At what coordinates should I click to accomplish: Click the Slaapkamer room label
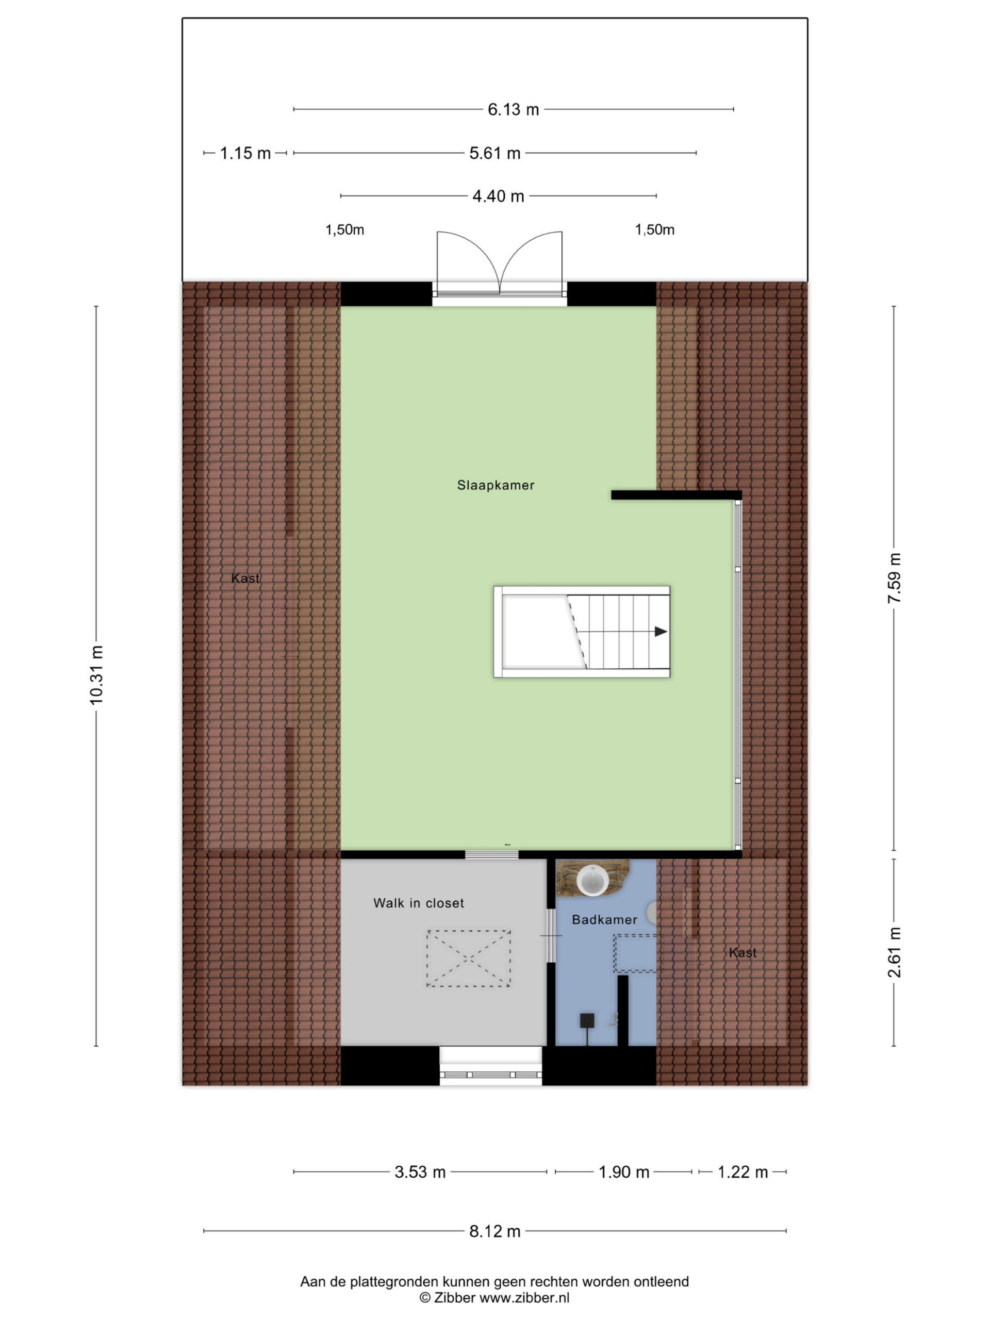[x=496, y=485]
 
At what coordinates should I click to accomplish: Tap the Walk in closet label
[x=418, y=903]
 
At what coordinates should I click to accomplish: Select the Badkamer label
[x=604, y=919]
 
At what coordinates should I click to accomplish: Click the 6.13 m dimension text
[x=513, y=109]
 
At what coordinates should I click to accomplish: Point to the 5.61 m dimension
[x=494, y=153]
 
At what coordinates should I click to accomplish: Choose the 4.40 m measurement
[x=498, y=196]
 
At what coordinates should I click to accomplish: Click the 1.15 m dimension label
[x=245, y=153]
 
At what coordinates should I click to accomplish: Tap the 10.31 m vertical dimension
[x=96, y=674]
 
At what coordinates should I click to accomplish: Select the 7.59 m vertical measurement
[x=894, y=577]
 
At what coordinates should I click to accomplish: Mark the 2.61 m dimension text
[x=894, y=952]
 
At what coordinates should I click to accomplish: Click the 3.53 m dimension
[x=420, y=1172]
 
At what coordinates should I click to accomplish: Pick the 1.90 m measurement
[x=623, y=1172]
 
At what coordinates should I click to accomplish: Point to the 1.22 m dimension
[x=742, y=1172]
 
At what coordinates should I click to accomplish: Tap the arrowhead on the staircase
[x=661, y=631]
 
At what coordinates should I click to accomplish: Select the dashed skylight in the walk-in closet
[x=468, y=959]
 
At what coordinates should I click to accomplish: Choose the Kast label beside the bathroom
[x=742, y=952]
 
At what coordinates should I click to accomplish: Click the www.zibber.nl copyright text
[x=494, y=1298]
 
